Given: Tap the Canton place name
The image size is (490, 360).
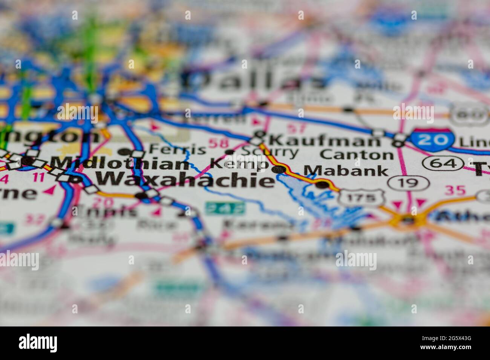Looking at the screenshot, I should (x=357, y=154).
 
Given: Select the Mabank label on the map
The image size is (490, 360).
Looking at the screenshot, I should (x=346, y=171).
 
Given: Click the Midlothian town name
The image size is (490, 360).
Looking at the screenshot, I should (x=120, y=164).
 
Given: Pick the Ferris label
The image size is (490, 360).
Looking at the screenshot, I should (x=177, y=149).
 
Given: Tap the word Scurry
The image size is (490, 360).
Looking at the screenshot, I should (x=269, y=152).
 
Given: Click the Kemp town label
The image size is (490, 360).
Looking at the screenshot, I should (x=238, y=164).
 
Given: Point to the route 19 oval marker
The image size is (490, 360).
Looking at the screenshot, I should (x=408, y=183).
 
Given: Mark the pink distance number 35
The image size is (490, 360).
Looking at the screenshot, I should (x=455, y=190).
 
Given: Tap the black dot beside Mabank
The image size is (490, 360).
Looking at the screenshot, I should (x=322, y=185).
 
